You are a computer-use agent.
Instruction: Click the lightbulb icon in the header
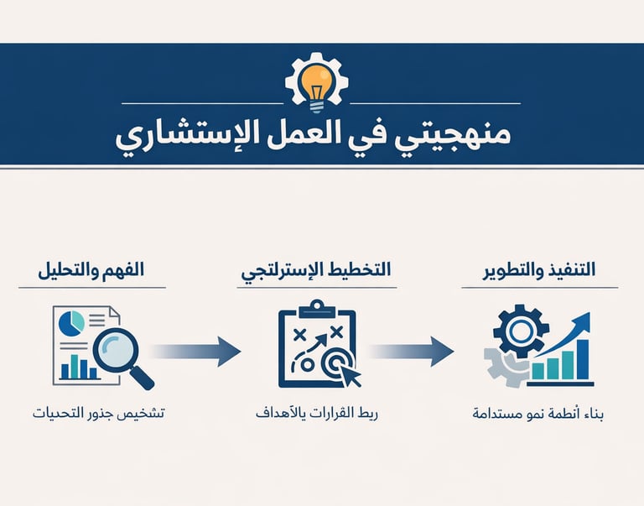[315, 81]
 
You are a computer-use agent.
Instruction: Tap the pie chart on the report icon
[74, 322]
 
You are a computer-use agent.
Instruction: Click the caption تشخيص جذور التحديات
[98, 414]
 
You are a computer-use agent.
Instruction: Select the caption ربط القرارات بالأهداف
[317, 414]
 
